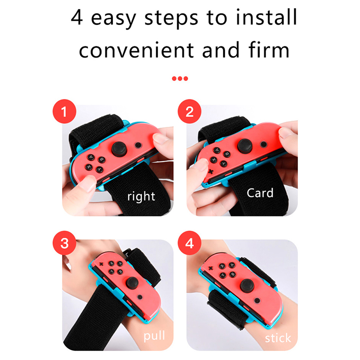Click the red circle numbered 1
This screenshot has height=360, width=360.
click(x=64, y=111)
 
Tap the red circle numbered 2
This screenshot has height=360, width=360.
click(x=189, y=111)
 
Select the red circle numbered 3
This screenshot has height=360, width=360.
click(x=64, y=243)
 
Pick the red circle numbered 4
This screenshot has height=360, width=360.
click(x=189, y=243)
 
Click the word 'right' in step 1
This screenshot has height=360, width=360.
click(x=141, y=197)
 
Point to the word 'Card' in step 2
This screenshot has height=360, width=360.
click(x=260, y=193)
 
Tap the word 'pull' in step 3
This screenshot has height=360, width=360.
click(x=154, y=336)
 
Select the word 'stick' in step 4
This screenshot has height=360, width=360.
click(x=278, y=338)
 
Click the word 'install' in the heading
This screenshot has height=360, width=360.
click(x=266, y=18)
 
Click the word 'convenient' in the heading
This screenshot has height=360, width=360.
click(x=136, y=50)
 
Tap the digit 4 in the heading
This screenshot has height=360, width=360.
click(x=76, y=18)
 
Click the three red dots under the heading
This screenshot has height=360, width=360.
click(x=180, y=79)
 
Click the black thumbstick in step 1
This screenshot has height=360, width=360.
click(x=119, y=149)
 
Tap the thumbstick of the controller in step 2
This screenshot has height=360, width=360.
click(x=245, y=146)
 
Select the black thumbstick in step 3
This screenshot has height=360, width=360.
click(x=132, y=283)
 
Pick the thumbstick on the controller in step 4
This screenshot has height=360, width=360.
click(x=247, y=286)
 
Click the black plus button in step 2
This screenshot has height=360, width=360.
click(x=211, y=171)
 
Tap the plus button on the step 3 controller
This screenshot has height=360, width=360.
click(x=100, y=264)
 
